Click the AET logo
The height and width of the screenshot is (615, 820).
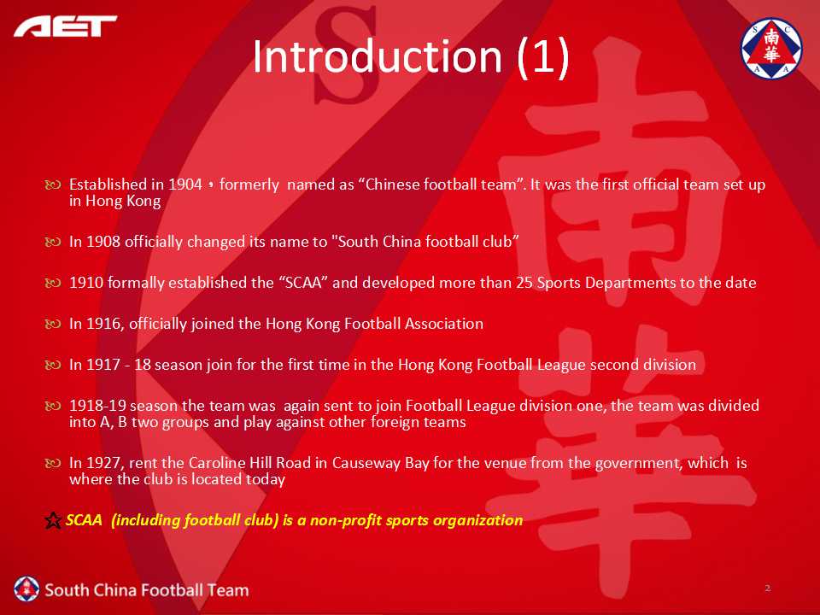(66, 26)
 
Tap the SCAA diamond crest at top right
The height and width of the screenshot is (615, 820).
(771, 48)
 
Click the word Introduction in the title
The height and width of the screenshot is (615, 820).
(377, 56)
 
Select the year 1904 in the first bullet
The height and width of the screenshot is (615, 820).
(185, 184)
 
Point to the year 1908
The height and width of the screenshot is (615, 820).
(103, 242)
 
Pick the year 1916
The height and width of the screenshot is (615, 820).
(104, 324)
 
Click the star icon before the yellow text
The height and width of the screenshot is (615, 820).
(53, 520)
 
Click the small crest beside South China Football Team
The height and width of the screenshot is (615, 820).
(26, 589)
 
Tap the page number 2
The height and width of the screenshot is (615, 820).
(768, 588)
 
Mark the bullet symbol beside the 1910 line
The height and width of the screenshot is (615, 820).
(53, 283)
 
